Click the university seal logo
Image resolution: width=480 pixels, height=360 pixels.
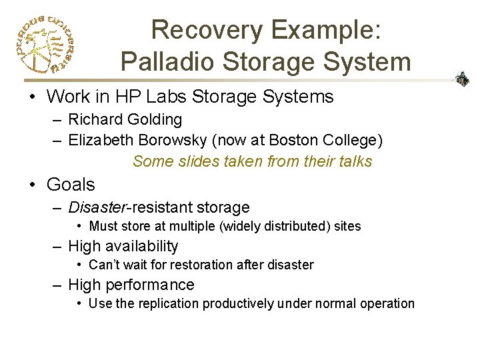(x=44, y=43)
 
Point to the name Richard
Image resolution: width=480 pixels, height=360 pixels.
(x=93, y=120)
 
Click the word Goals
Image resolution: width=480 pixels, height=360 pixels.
(x=71, y=185)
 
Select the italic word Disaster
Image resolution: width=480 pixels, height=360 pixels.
(x=96, y=208)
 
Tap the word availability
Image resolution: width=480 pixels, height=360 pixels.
(x=140, y=247)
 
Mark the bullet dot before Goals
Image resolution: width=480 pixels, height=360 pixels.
(x=33, y=185)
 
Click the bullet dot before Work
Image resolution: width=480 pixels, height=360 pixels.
(x=33, y=97)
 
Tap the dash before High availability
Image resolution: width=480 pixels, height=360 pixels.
(x=58, y=247)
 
